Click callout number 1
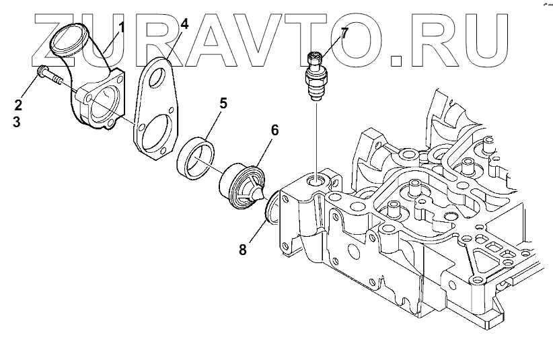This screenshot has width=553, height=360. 123,28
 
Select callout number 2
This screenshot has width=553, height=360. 19,104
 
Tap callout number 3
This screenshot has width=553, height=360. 19,124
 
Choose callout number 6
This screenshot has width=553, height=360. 274,130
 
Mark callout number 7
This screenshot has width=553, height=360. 344,32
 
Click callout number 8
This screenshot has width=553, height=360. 242,250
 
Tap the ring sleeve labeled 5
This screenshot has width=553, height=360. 196,159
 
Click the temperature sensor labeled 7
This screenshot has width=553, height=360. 316,77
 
